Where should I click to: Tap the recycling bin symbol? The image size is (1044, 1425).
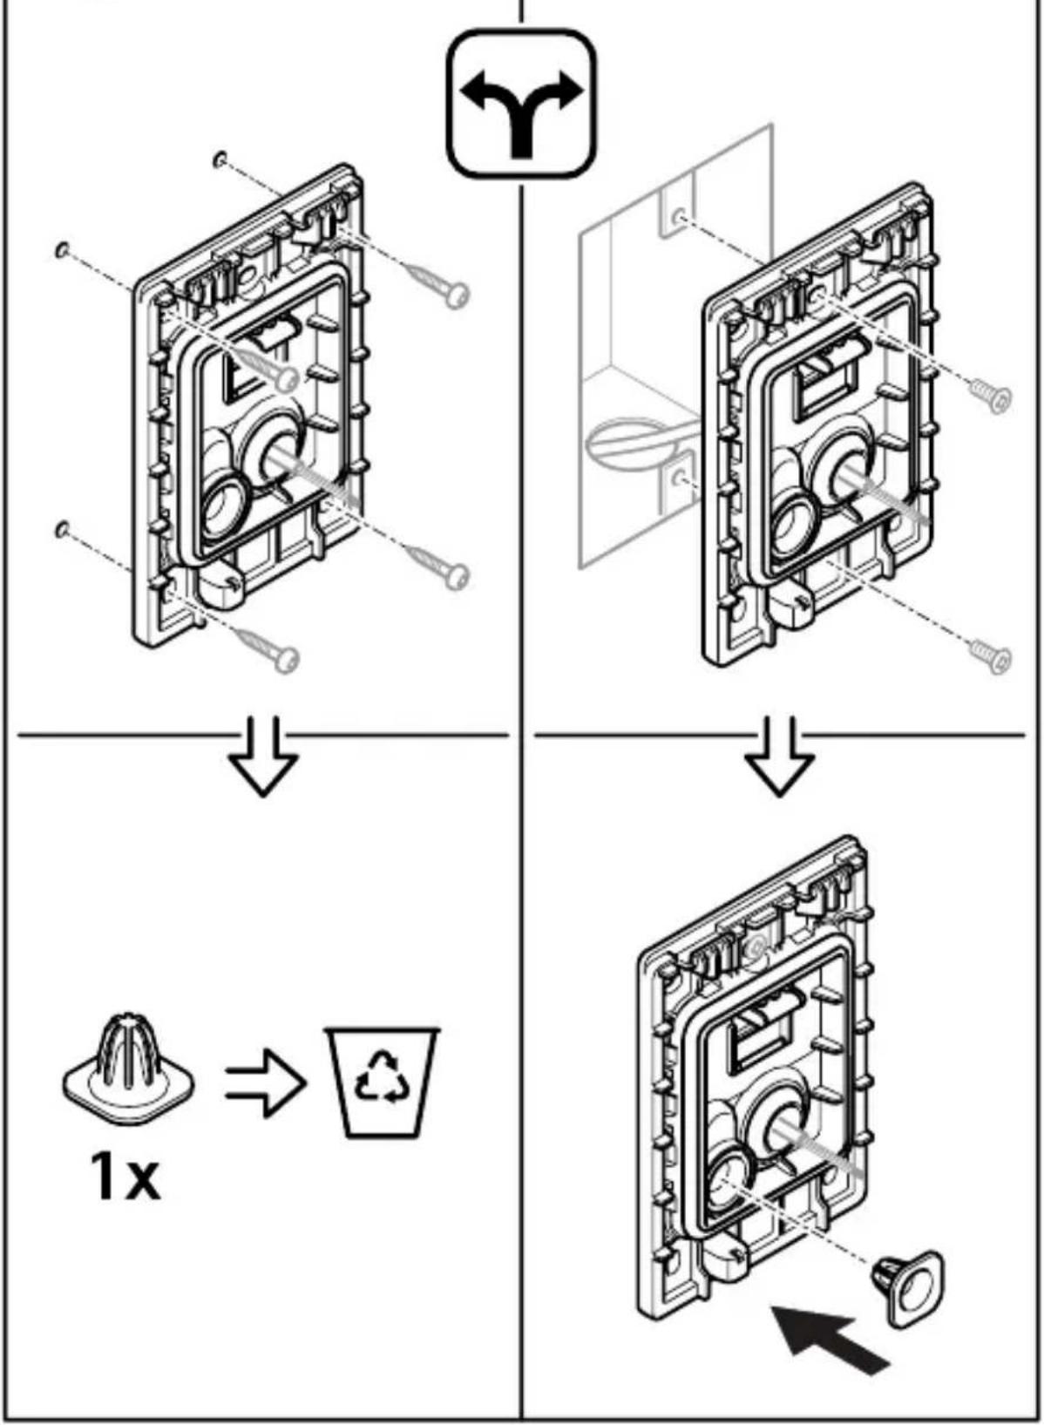(x=382, y=1082)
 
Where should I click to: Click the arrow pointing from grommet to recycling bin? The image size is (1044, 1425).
(x=265, y=1082)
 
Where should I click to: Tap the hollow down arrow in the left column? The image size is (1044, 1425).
(x=263, y=757)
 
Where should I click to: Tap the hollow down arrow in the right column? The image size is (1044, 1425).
(x=779, y=757)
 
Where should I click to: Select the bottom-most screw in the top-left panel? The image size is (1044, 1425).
(x=268, y=647)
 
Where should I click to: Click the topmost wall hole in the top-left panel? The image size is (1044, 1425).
(x=220, y=159)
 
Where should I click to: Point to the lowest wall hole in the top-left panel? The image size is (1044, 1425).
(x=62, y=529)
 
